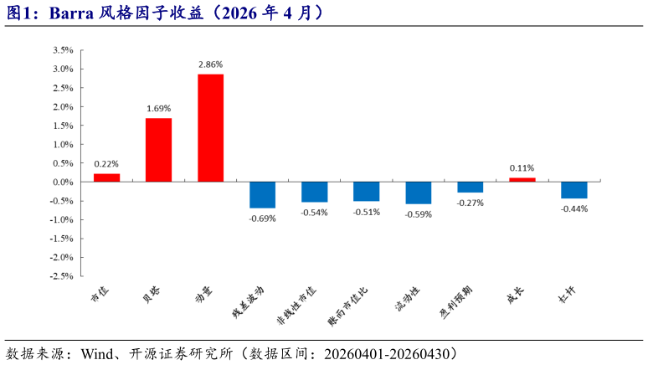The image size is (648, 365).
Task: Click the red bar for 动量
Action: point(210,128)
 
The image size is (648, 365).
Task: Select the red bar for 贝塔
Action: point(158,150)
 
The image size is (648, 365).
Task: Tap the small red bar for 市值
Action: point(106,177)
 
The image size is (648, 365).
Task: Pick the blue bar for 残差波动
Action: point(262,194)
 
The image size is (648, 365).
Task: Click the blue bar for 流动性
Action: point(418,193)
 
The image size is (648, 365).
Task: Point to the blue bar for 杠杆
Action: point(573,190)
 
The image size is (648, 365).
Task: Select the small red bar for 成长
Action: point(522,179)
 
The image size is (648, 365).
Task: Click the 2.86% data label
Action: point(210,64)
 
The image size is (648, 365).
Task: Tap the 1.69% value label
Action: point(158,108)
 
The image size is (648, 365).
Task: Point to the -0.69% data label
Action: point(262,218)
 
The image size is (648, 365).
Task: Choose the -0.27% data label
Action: point(470,203)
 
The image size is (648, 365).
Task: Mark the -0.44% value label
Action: point(573,208)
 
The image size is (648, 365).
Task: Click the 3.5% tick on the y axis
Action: point(63,49)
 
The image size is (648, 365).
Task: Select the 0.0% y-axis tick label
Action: point(63,182)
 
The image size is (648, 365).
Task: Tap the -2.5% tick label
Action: point(61,275)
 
